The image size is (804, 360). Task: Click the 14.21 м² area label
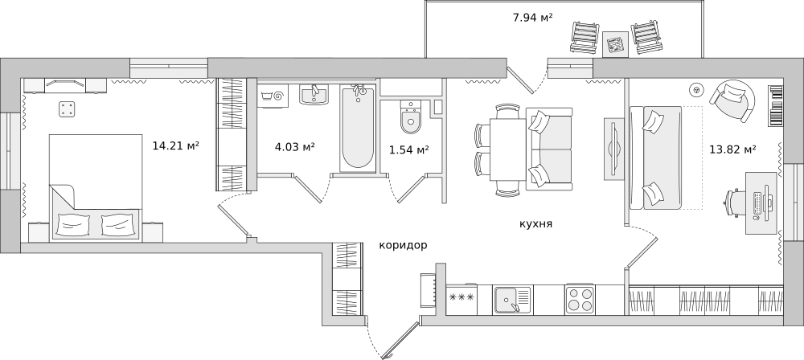tap(176, 145)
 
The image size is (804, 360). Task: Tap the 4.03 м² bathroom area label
tap(295, 147)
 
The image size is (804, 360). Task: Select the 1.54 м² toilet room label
tap(408, 149)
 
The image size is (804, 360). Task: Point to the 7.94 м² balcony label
tap(533, 18)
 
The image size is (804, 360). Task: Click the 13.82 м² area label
tap(733, 149)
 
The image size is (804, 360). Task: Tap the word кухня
tap(535, 224)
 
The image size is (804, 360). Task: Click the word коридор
tap(403, 245)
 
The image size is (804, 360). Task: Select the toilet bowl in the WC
tap(410, 117)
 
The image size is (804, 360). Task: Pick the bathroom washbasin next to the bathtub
tap(314, 94)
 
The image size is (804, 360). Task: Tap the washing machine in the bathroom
tap(273, 96)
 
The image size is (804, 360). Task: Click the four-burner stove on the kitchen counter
tap(580, 299)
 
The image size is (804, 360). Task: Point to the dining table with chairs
tap(507, 149)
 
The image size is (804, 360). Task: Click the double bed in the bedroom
tap(96, 188)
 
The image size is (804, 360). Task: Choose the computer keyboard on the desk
tap(757, 202)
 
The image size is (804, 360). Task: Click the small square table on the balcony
tap(615, 45)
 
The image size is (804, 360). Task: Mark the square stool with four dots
tap(67, 109)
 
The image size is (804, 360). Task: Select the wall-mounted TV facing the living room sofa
tap(613, 149)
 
